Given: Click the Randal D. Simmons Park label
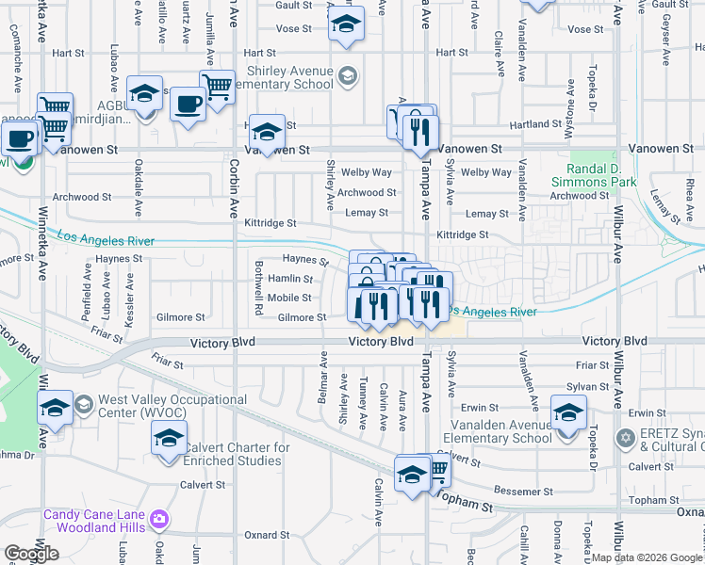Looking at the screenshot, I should point(604,175).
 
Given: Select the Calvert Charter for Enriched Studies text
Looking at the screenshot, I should point(232,454).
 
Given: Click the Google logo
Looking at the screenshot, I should point(31,554).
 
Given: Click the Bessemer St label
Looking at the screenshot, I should point(524,492).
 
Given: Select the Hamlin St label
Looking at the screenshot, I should point(290,279).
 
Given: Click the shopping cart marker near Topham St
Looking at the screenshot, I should point(434,468).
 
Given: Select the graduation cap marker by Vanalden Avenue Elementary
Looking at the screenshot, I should point(568,413).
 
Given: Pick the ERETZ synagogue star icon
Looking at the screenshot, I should point(624,439).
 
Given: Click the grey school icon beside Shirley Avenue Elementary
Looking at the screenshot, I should point(348,75).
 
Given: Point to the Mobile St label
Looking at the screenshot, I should point(290,298).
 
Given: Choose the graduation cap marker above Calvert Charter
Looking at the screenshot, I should point(169,439).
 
